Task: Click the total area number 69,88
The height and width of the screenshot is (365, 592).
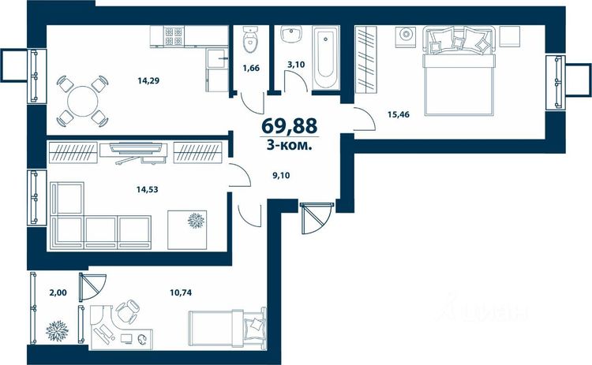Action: pyautogui.click(x=289, y=125)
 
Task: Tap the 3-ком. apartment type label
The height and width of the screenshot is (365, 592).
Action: pyautogui.click(x=289, y=146)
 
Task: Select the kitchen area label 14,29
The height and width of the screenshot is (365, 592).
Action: pyautogui.click(x=148, y=80)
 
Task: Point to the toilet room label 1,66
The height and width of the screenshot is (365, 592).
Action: pyautogui.click(x=251, y=69)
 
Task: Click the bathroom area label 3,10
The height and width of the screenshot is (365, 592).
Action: pyautogui.click(x=296, y=65)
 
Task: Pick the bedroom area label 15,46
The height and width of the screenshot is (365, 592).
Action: pyautogui.click(x=399, y=114)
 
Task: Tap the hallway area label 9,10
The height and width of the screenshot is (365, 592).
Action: pyautogui.click(x=281, y=175)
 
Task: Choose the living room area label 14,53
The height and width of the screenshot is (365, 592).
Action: pyautogui.click(x=148, y=189)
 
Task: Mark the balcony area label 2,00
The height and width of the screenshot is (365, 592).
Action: pyautogui.click(x=58, y=292)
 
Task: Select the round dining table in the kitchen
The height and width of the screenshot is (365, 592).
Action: pyautogui.click(x=83, y=101)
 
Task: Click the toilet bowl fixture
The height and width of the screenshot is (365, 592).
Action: pyautogui.click(x=249, y=39)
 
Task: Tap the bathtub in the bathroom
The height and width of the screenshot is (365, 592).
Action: pyautogui.click(x=325, y=58)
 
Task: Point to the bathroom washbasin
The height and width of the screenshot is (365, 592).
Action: pyautogui.click(x=291, y=35)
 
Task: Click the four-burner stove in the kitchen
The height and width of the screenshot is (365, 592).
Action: pyautogui.click(x=174, y=35)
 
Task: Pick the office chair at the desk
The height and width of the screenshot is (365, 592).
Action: pyautogui.click(x=127, y=312)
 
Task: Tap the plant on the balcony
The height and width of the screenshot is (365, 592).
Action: pyautogui.click(x=58, y=330)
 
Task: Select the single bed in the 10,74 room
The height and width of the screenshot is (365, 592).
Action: pyautogui.click(x=227, y=328)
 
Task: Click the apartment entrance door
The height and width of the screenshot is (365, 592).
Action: pyautogui.click(x=317, y=218)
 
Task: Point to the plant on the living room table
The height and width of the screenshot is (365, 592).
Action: pyautogui.click(x=196, y=221)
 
